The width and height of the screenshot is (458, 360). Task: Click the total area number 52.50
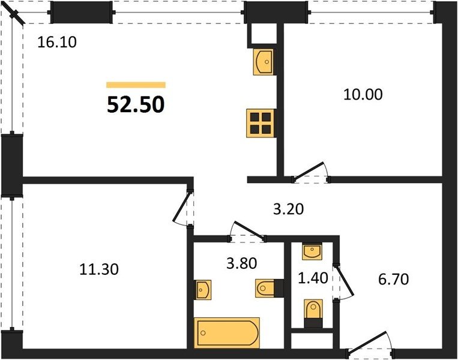136,104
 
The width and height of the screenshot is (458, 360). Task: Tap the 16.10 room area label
57,42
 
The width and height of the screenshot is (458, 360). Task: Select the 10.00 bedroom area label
363,95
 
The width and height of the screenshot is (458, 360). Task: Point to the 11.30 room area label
99,269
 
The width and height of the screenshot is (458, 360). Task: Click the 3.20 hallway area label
288,209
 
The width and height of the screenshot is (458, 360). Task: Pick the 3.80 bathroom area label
241,263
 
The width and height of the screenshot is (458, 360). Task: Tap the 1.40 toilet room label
313,278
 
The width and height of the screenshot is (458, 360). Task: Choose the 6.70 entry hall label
393,280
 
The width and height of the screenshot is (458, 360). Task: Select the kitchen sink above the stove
264,62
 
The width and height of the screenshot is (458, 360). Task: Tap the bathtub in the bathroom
227,333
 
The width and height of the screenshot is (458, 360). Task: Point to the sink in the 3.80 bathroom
203,290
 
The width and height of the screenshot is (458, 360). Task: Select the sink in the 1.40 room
312,251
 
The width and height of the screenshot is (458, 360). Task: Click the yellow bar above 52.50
136,85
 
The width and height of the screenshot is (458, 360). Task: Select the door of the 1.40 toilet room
345,282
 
